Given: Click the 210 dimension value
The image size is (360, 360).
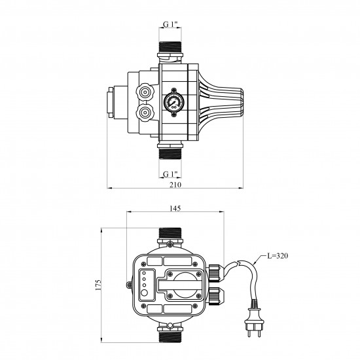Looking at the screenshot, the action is click(x=175, y=185).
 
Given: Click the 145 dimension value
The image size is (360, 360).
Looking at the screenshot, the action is click(x=175, y=208).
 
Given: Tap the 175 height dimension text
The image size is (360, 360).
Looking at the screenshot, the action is click(x=98, y=285).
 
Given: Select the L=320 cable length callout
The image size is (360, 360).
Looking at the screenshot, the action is click(x=278, y=255).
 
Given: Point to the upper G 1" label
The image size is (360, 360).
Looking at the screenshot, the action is click(x=170, y=24).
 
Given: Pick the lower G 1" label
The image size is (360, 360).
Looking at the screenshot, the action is click(x=170, y=174).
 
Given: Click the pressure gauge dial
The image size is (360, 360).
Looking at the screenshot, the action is click(x=174, y=102).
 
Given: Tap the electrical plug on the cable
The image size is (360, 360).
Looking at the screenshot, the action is click(x=254, y=319).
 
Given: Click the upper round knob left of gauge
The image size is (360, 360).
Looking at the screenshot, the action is click(x=145, y=92).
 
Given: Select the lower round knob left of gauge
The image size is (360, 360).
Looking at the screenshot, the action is click(x=145, y=113).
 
